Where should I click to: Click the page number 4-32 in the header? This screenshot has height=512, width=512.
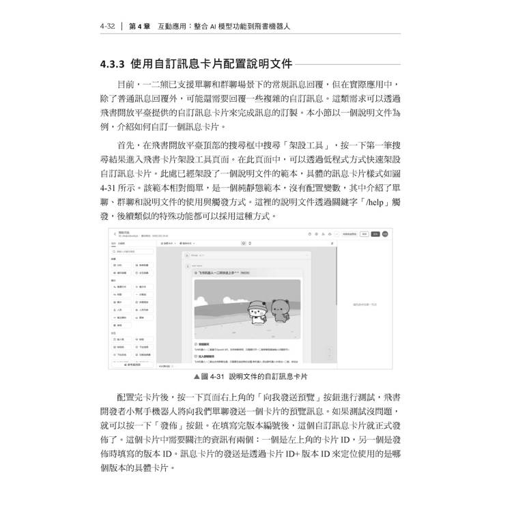pyautogui.click(x=109, y=27)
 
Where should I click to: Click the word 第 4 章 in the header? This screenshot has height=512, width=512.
pyautogui.click(x=141, y=27)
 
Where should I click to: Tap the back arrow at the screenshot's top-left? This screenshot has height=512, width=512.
pyautogui.click(x=115, y=233)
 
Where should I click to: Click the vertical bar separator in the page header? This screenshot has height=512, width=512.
pyautogui.click(x=122, y=27)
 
